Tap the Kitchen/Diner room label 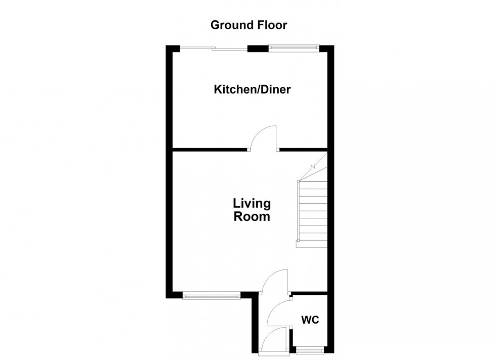point(252,90)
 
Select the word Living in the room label point(252,204)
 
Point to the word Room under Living point(252,217)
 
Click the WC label point(310,320)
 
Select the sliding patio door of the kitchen point(214,49)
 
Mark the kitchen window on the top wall point(294,49)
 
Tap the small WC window point(310,350)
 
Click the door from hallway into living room point(275,282)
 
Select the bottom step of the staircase point(312,244)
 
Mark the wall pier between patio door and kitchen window point(258,49)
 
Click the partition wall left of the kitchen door point(210,150)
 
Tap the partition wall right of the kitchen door point(303,150)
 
